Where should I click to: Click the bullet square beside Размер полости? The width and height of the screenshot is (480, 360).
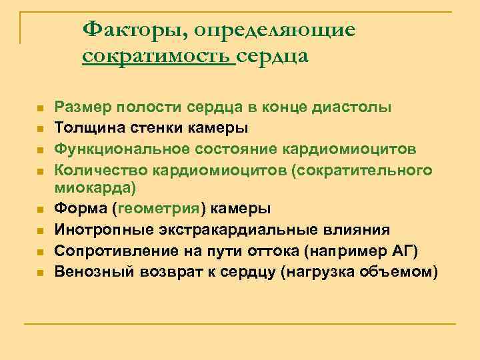[40, 108]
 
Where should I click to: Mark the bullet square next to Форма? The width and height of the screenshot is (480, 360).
[40, 209]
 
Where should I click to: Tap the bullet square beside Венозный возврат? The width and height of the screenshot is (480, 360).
[40, 273]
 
